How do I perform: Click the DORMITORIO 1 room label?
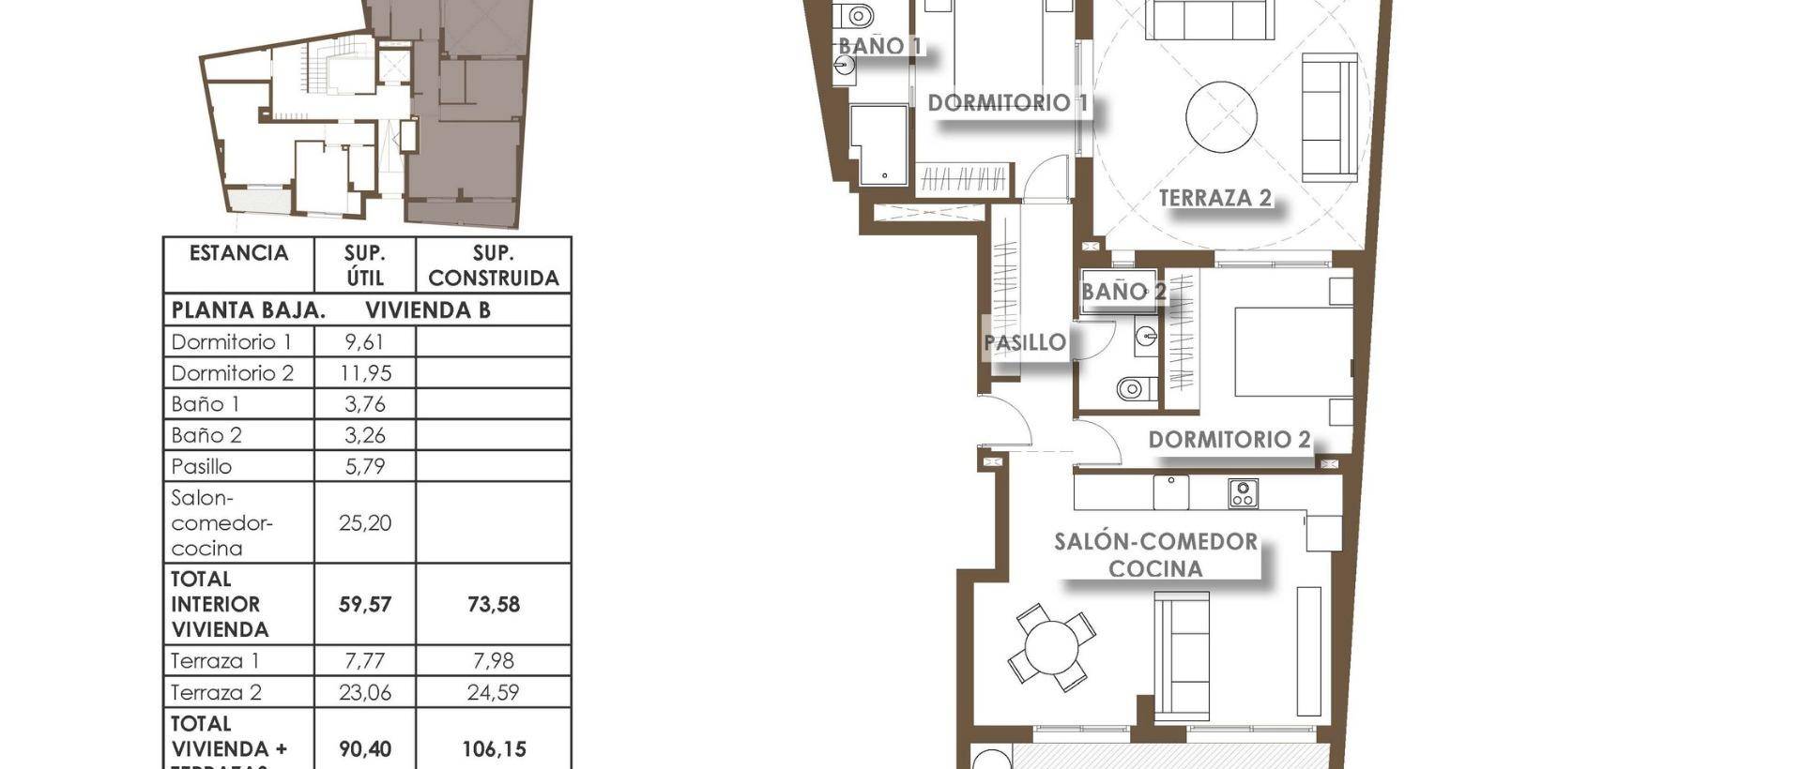pyautogui.click(x=1008, y=102)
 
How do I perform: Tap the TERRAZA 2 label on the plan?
pyautogui.click(x=1214, y=198)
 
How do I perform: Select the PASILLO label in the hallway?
pyautogui.click(x=1025, y=342)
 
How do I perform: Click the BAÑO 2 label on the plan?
pyautogui.click(x=1122, y=292)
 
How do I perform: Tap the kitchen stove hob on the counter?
pyautogui.click(x=1243, y=493)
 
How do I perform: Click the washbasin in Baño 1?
pyautogui.click(x=845, y=66)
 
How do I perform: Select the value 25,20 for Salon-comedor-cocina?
pyautogui.click(x=364, y=523)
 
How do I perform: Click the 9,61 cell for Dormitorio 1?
pyautogui.click(x=364, y=342)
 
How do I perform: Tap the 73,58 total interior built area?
pyautogui.click(x=493, y=605)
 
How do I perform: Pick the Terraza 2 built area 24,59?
pyautogui.click(x=493, y=693)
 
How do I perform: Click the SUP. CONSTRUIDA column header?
pyautogui.click(x=493, y=265)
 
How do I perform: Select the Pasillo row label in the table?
pyautogui.click(x=202, y=466)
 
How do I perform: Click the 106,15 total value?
pyautogui.click(x=493, y=749)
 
